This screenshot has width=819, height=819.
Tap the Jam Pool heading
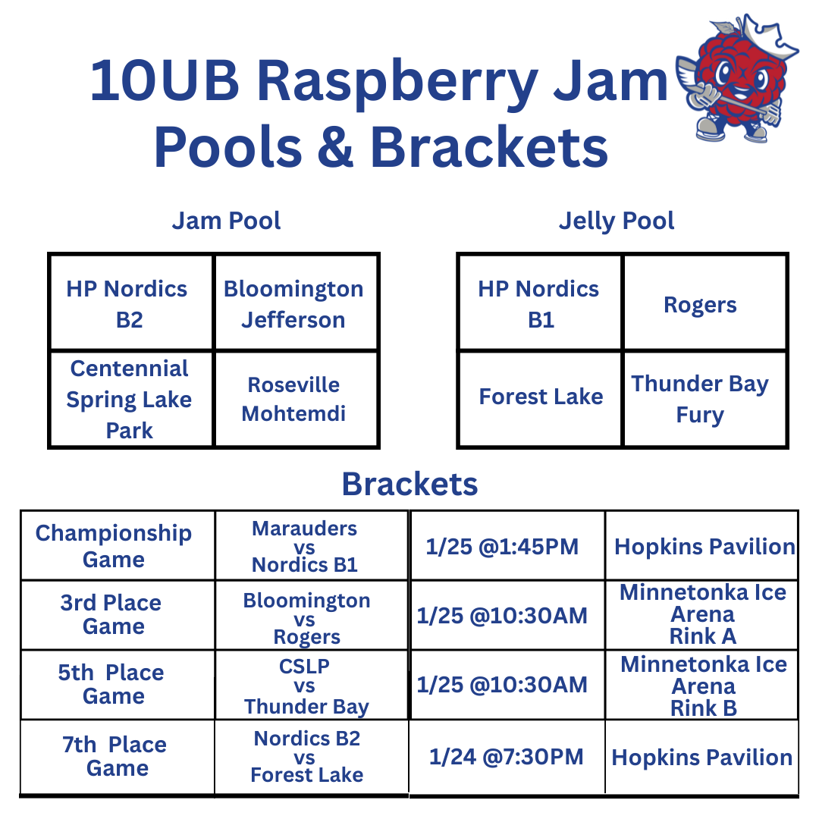pos(226,221)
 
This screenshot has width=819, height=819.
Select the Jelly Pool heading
pos(617,221)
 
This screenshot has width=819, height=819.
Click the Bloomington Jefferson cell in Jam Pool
pos(293,304)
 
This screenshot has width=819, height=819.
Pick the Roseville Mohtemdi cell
pos(293,399)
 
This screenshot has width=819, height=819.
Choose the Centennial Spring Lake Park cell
pos(129,399)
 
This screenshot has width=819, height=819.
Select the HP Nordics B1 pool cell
pos(538,304)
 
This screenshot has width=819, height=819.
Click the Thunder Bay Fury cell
pos(700,399)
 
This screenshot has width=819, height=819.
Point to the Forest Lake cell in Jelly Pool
pos(541,397)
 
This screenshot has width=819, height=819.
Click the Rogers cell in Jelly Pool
pos(700,305)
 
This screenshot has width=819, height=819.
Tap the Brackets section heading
pos(409,484)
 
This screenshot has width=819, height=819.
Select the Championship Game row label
pos(114,546)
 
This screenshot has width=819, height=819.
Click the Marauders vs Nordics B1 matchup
pos(305,546)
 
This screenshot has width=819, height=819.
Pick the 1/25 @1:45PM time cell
pos(502,546)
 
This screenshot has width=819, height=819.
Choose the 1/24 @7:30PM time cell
pos(507,756)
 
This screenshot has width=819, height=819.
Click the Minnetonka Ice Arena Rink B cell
pos(703,686)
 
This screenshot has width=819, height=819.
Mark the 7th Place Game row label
pos(115,756)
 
